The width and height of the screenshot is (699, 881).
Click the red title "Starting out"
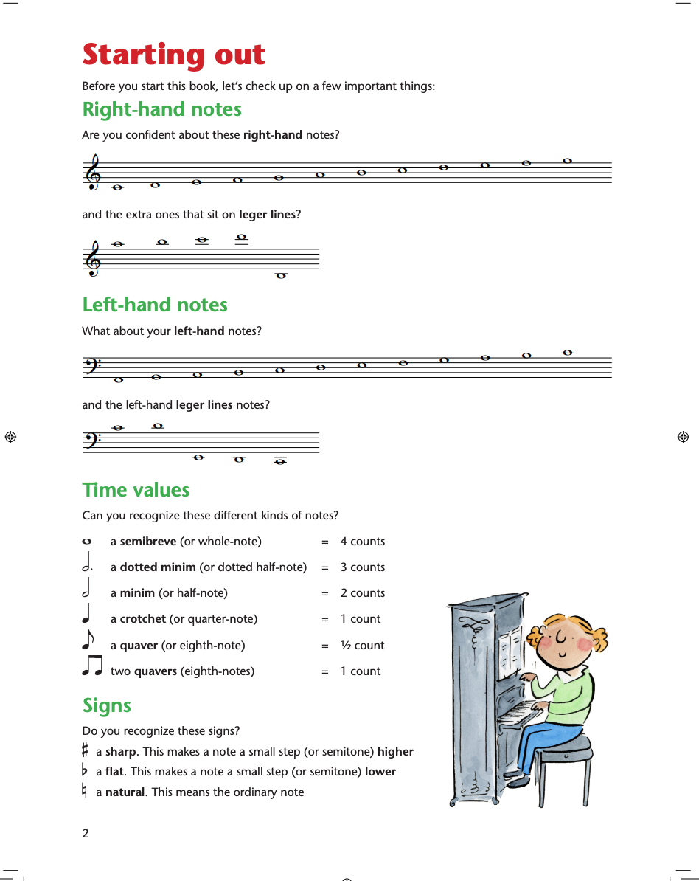[173, 55]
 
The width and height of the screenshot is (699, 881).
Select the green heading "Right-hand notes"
[162, 110]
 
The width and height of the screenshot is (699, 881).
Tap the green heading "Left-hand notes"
[155, 305]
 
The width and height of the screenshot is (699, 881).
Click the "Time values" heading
[136, 491]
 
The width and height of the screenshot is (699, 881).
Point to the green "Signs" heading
[107, 706]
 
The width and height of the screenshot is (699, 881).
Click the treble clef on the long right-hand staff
[93, 173]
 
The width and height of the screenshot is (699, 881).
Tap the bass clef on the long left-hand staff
[90, 365]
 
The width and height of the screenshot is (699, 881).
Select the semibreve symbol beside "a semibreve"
[88, 542]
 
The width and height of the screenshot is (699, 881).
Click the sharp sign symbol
[86, 751]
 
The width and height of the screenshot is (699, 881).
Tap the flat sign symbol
[86, 771]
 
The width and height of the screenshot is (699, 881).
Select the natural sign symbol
[86, 792]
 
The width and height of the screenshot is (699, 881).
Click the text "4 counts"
[363, 542]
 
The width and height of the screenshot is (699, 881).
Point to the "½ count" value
[363, 646]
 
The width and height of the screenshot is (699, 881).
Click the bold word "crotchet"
[143, 619]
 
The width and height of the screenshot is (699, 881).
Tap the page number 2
[86, 834]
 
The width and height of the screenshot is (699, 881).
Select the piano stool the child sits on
[563, 747]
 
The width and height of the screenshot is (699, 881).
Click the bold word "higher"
[395, 752]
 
